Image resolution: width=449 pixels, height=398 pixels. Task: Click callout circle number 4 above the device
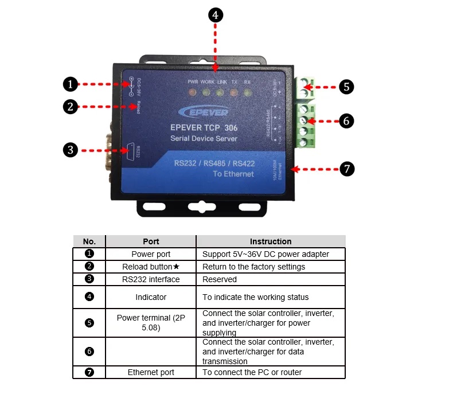[215, 15]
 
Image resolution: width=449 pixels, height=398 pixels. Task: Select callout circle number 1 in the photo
[69, 84]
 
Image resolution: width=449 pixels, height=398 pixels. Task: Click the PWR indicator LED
[193, 92]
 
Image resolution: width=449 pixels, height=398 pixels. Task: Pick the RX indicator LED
[247, 92]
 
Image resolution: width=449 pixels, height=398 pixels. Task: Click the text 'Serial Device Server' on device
[204, 139]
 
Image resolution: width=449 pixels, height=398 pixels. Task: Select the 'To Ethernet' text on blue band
[233, 174]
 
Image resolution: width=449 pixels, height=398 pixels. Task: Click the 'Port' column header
[151, 241]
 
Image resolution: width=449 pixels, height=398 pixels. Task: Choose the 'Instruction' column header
[271, 241]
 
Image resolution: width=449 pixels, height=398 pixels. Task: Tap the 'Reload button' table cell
[151, 267]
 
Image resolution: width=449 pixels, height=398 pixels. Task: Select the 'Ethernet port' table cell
[151, 372]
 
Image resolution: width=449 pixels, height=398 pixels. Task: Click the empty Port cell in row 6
[151, 351]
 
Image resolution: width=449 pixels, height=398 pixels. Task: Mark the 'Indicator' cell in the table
[151, 297]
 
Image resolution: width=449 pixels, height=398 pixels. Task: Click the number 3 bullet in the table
[89, 279]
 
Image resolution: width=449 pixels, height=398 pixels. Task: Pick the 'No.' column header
[89, 241]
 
